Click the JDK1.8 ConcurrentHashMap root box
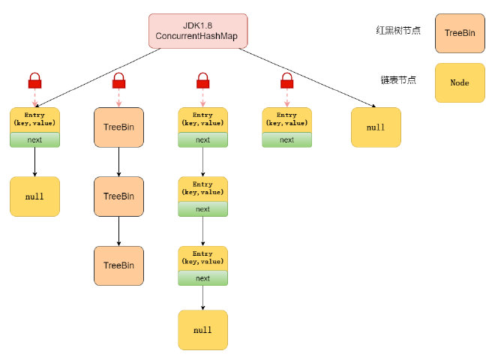(x=197, y=31)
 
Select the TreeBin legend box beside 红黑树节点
(x=459, y=33)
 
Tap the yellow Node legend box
(x=459, y=82)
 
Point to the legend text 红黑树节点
(x=397, y=31)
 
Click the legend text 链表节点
(x=397, y=80)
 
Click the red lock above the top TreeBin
(x=118, y=80)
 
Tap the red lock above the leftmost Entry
(x=34, y=80)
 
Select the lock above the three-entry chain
(x=202, y=80)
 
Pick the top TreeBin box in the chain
(x=118, y=127)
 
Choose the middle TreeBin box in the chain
(x=118, y=196)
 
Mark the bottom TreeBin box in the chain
(x=118, y=265)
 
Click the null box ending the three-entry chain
(x=202, y=330)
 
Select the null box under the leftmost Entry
(x=34, y=196)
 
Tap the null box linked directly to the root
(x=376, y=127)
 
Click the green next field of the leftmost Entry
(x=34, y=140)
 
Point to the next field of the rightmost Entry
(x=286, y=140)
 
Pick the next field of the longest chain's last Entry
(x=202, y=278)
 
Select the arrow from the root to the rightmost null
(x=307, y=79)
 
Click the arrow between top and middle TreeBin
(x=118, y=162)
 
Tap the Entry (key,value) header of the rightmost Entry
(x=286, y=119)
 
